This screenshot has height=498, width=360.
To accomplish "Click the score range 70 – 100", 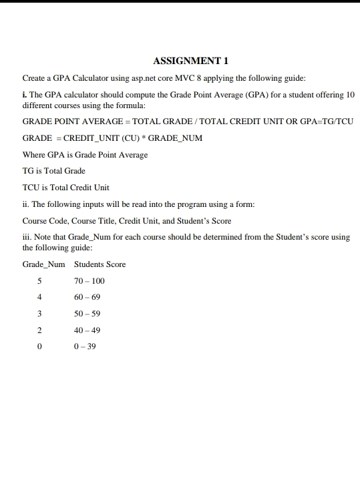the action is [89, 281].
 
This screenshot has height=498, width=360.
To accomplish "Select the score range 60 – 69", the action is [87, 297].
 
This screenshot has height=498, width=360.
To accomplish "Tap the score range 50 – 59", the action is [87, 314].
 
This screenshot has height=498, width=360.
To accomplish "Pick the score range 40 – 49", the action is [87, 330].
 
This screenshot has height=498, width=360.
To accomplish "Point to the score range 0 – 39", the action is [85, 346].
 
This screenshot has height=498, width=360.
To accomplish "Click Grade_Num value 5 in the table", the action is [39, 281].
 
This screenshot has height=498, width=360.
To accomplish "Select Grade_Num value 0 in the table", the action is [39, 346].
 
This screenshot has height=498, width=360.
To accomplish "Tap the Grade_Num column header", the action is [44, 264].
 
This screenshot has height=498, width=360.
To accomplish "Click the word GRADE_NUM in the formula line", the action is [175, 138].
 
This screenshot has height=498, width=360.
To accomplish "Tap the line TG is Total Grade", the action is [54, 171].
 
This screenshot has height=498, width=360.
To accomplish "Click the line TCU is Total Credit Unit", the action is [66, 187].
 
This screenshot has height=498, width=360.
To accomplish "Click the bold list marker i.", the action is [25, 95].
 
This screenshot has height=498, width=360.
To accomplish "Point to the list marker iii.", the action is [27, 237].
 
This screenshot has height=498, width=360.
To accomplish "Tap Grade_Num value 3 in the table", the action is [39, 314].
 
